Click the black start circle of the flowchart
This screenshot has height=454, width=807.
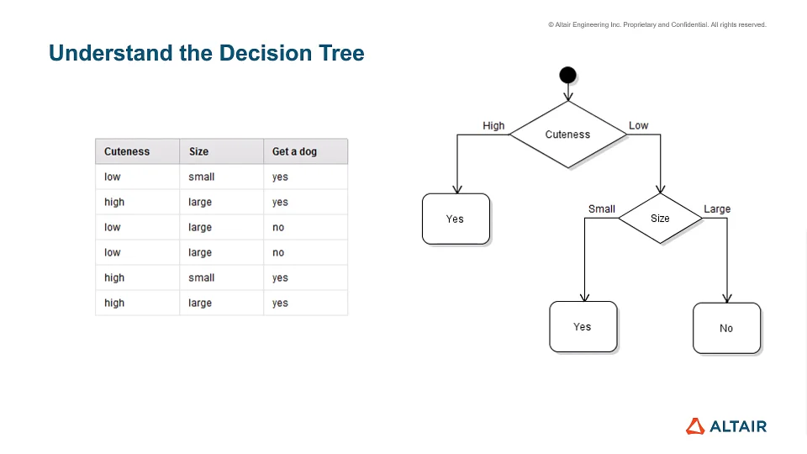(567, 75)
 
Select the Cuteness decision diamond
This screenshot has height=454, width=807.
(567, 135)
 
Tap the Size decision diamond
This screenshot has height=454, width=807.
(660, 219)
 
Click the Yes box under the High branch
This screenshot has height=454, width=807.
(456, 219)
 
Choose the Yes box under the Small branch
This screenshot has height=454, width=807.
(583, 327)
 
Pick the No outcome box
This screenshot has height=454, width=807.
(726, 328)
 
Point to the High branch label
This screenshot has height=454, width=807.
(493, 126)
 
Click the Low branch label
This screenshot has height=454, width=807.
(639, 126)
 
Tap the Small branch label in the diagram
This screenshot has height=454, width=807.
(602, 209)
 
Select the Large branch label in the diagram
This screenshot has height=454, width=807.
(717, 209)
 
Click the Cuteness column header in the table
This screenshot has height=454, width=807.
(127, 152)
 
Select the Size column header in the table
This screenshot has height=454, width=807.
(198, 152)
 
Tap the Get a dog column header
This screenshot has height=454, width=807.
(295, 152)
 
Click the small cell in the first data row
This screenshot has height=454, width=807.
(202, 177)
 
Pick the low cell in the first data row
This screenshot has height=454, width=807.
(113, 177)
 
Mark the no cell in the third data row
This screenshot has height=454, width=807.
(278, 228)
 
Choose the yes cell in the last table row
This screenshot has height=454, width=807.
(280, 304)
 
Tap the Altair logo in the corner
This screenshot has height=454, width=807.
(726, 426)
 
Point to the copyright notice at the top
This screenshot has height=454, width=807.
(657, 25)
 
